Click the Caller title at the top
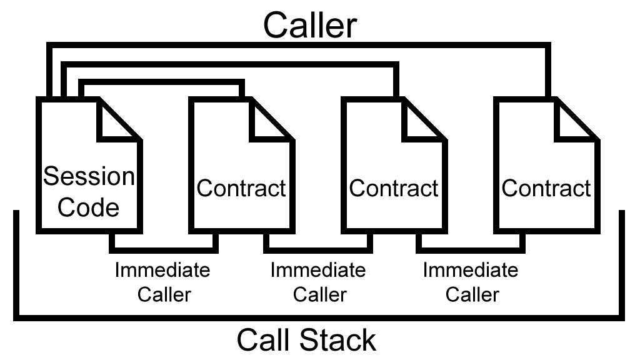[309, 25]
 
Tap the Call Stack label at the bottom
[306, 341]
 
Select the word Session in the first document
[89, 177]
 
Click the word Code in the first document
[89, 207]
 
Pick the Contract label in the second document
[241, 187]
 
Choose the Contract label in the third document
[394, 187]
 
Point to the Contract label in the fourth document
[546, 187]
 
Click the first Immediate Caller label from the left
[162, 282]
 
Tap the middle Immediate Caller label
[318, 282]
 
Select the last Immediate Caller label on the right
[471, 282]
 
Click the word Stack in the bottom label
[341, 341]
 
